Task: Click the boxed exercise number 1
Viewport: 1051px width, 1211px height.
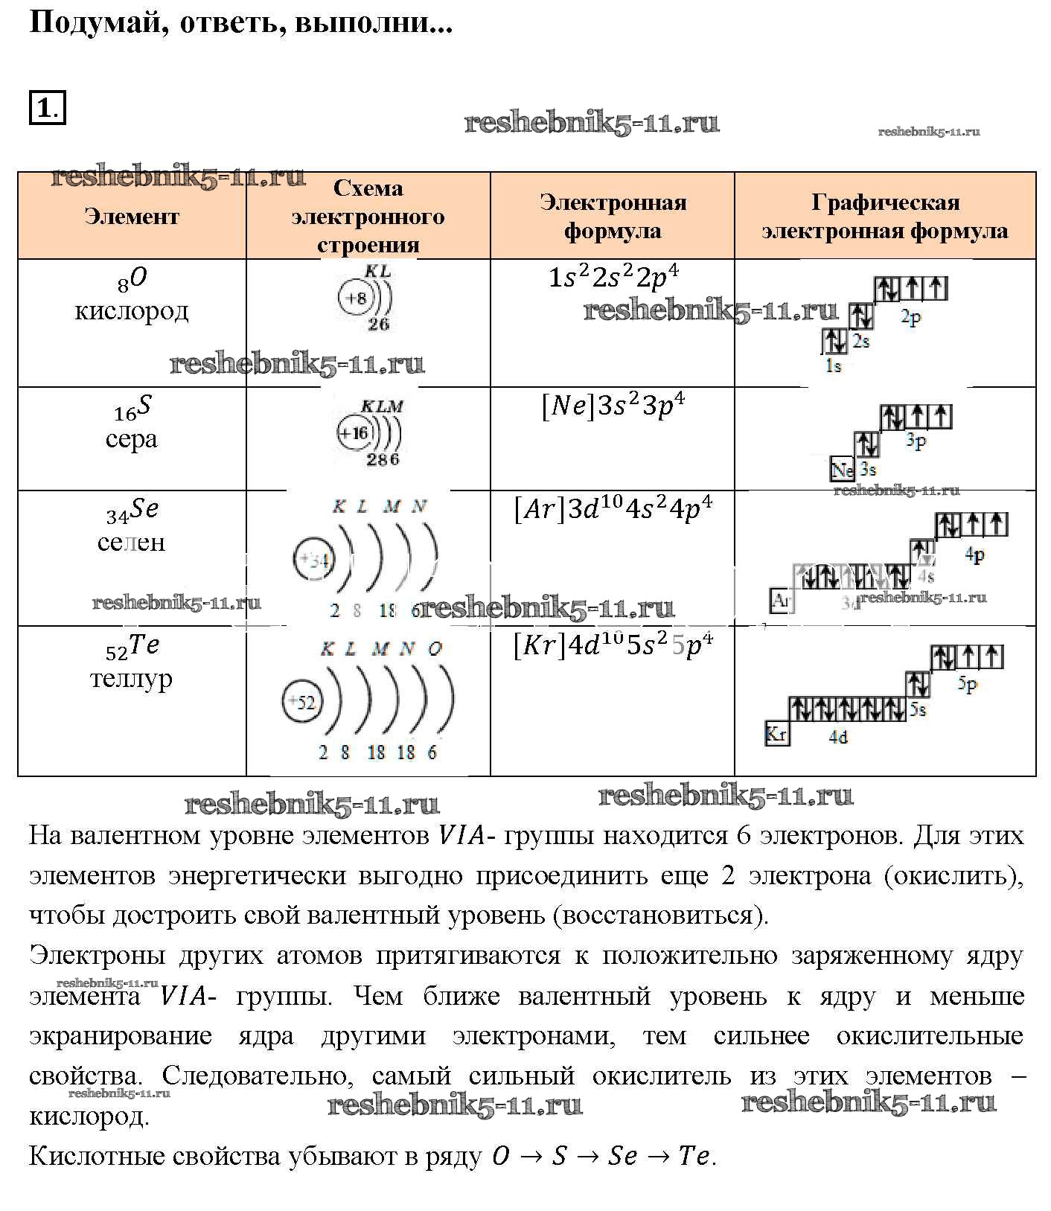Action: (46, 108)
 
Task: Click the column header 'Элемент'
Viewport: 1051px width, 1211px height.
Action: (132, 216)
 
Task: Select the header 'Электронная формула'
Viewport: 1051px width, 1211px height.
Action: (612, 216)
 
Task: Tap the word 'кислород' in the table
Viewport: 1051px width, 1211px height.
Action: (132, 310)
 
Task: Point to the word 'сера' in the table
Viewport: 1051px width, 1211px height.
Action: (132, 438)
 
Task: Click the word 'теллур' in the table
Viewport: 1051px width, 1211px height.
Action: (132, 678)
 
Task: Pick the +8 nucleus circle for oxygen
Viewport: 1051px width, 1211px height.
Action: (355, 298)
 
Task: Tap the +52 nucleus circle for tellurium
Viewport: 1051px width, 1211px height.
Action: (302, 702)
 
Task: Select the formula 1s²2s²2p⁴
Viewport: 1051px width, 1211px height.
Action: (613, 278)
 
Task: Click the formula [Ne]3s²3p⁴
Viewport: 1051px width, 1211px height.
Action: (613, 406)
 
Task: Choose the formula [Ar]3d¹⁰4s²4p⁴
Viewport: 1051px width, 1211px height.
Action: (613, 509)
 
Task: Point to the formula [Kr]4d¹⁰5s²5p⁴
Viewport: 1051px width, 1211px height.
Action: (613, 645)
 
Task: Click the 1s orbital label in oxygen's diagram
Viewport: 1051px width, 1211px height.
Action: (834, 365)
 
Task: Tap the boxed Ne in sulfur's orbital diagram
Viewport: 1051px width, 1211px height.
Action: (842, 470)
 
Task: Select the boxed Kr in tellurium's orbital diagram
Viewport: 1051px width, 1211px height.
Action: (776, 734)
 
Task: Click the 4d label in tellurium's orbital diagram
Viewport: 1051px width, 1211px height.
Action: (838, 737)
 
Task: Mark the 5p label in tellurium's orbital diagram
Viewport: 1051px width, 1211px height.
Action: (967, 683)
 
